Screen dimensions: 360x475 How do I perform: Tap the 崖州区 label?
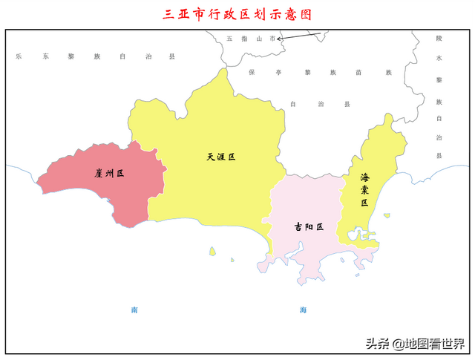click(108, 173)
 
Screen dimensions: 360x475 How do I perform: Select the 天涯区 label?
click(220, 157)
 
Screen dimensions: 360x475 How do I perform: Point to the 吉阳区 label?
click(309, 227)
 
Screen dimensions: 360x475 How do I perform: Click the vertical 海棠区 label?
click(364, 190)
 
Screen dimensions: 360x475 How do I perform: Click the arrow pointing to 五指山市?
click(300, 36)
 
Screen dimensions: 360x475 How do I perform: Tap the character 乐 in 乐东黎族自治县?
click(19, 56)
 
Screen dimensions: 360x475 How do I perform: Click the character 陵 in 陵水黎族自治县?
click(439, 37)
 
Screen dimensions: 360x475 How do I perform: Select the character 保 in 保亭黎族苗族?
click(252, 73)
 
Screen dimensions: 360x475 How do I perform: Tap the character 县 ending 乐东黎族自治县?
click(172, 56)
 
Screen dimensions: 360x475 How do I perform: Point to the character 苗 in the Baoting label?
click(358, 73)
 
